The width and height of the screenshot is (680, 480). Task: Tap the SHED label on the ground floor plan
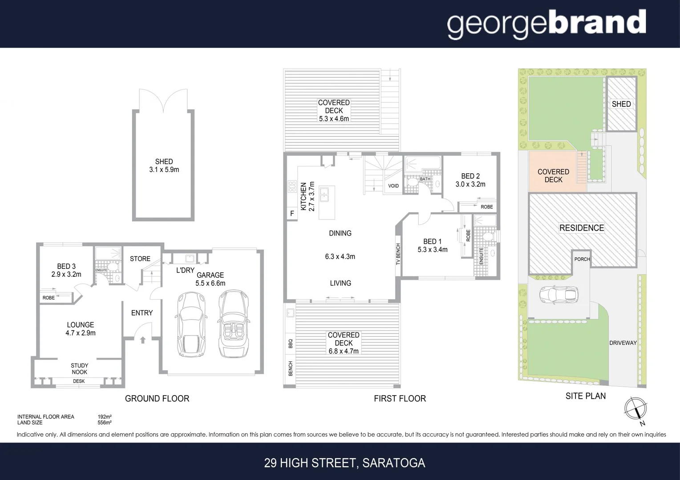coord(164,162)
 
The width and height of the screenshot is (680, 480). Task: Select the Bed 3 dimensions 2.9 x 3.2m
coord(66,274)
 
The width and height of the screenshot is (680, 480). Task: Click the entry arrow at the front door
coord(143,340)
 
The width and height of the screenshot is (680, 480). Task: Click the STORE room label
coord(140,259)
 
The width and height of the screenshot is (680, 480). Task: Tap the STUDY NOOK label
coord(79,369)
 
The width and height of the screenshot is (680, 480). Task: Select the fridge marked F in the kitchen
coord(292,214)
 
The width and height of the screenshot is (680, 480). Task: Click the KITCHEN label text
coord(304,196)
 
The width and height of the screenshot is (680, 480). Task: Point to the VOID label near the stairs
coord(393,186)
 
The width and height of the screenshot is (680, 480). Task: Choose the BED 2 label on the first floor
coord(470,176)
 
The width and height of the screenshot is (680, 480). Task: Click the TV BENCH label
coord(398,254)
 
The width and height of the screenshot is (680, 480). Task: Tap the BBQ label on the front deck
coord(291,344)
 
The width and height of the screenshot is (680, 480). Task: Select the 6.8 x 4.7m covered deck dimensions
coord(344,351)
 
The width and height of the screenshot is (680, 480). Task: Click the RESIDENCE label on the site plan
coord(582,228)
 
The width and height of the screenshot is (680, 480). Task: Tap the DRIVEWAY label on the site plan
coord(623,343)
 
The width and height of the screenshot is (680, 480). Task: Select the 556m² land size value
coord(105,423)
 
